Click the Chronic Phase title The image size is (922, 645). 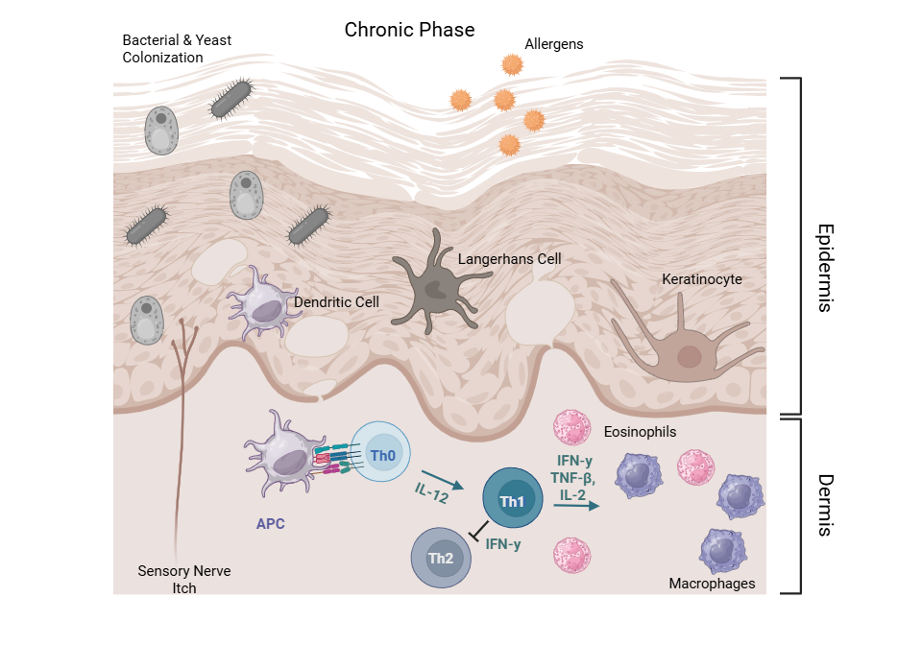tap(409, 30)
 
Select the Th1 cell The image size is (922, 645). tap(510, 500)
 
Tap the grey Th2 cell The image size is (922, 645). tap(441, 558)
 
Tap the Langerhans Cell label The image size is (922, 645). tap(509, 259)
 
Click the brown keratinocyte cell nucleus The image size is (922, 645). tap(690, 357)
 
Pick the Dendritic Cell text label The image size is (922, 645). tap(336, 302)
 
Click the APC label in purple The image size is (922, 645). tap(270, 525)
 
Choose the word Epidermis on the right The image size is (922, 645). tap(824, 269)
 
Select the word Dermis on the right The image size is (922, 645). tap(824, 504)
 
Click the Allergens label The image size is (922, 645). tap(553, 44)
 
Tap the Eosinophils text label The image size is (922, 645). tap(640, 432)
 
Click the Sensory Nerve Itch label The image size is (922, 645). tap(183, 580)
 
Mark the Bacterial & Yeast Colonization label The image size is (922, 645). tap(177, 49)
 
